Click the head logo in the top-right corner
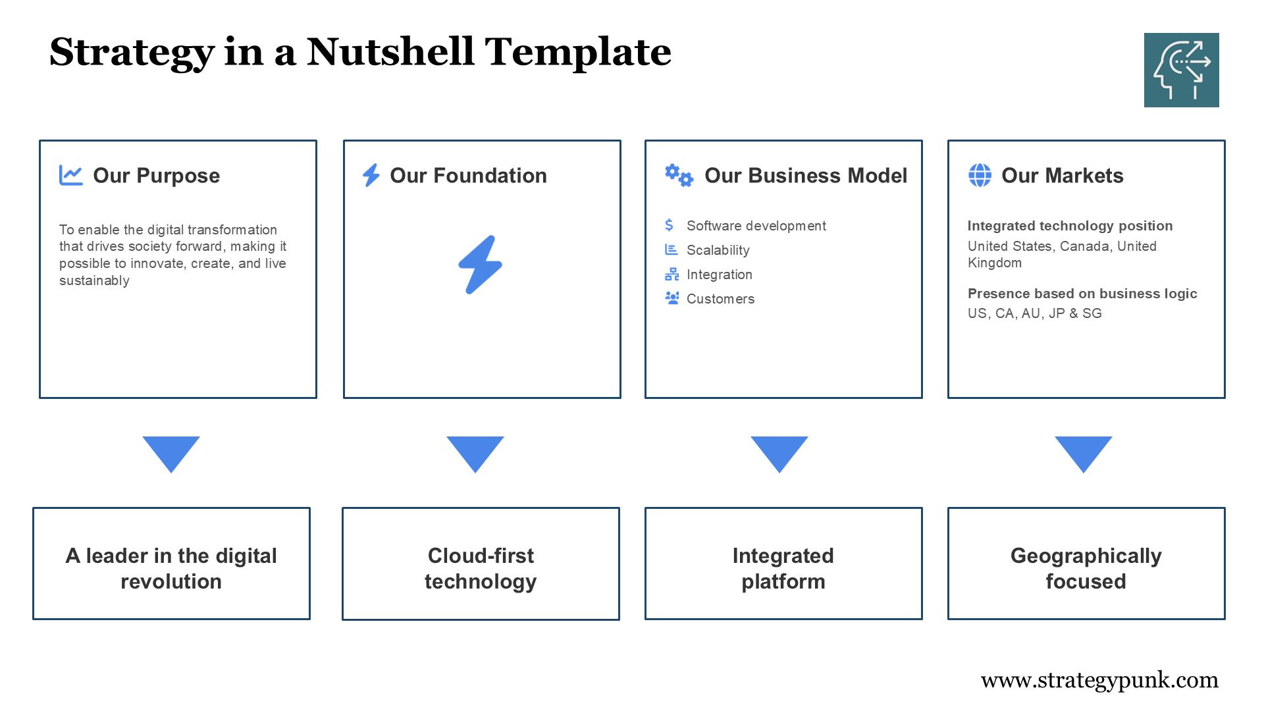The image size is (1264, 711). point(1181,70)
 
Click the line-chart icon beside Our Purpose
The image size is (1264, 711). point(70,175)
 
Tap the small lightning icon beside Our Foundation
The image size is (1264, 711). point(371,175)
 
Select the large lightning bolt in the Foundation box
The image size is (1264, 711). point(481,265)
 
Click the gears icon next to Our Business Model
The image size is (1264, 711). point(679,175)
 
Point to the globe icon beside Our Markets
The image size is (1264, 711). point(980,175)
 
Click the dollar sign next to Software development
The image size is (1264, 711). point(670,225)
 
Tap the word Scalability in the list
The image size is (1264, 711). point(718,250)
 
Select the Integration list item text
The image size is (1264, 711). point(719,275)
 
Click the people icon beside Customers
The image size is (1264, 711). point(671,298)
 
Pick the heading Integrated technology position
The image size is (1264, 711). point(1070,226)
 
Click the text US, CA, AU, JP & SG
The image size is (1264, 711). point(1034,313)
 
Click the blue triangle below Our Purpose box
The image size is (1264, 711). point(171,452)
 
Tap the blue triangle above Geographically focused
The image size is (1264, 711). point(1083,452)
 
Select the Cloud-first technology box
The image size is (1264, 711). point(481,564)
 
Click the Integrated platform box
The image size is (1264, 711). point(783,564)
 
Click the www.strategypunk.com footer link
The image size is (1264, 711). point(1099,679)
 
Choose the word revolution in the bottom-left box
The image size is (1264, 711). point(171,581)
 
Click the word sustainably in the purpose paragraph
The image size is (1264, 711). point(94,280)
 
